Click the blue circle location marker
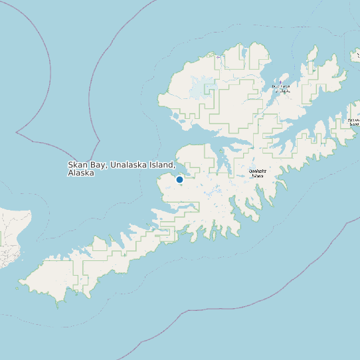coord(179,179)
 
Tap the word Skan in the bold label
coord(77,165)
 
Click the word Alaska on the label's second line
coord(80,173)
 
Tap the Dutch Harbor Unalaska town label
coord(280,88)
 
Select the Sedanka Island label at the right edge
coord(353,122)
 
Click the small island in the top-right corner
coord(355,56)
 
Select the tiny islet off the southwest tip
coord(18,288)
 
